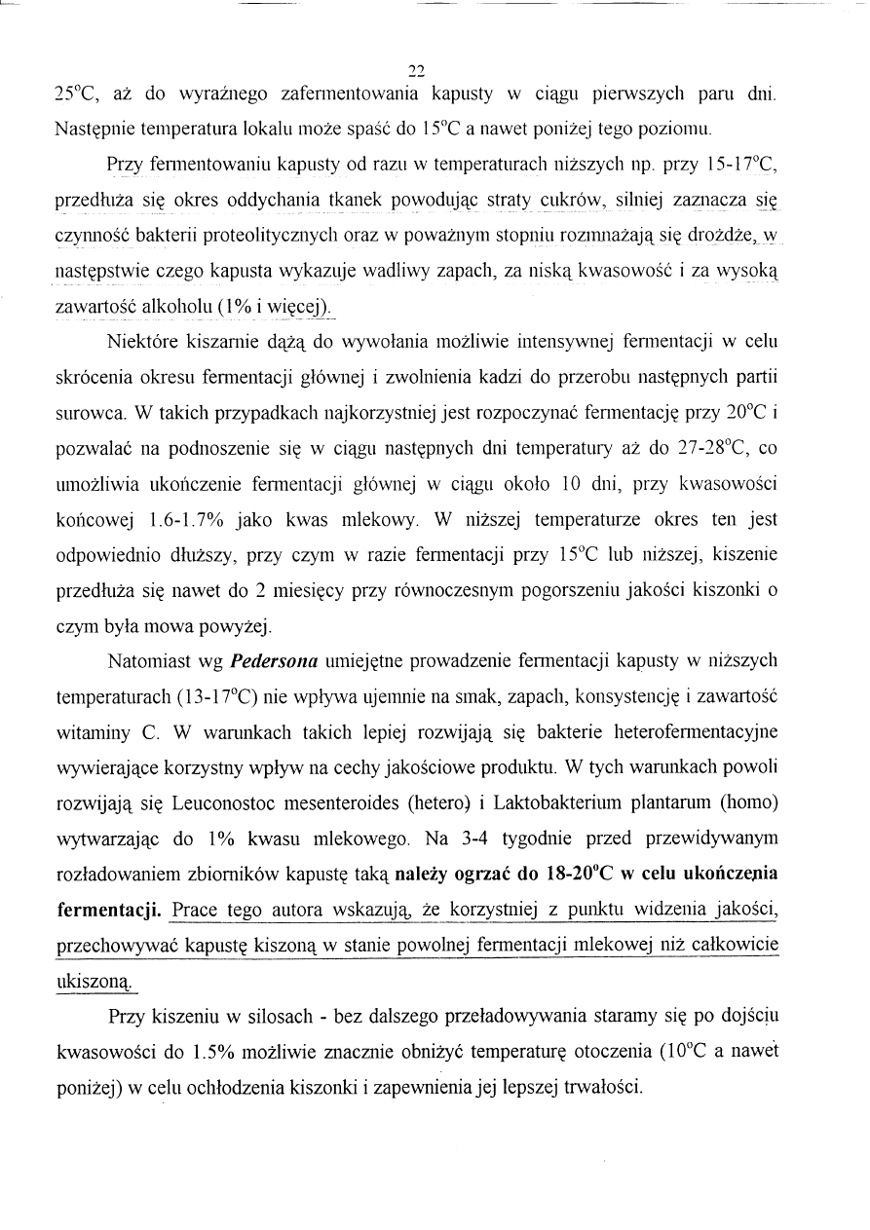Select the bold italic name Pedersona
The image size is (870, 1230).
274,662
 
